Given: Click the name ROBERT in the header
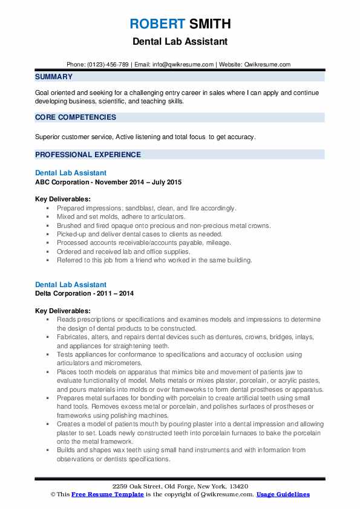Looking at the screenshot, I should (157, 24).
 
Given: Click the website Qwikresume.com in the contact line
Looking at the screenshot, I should (269, 64).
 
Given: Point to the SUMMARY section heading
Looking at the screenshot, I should (54, 77).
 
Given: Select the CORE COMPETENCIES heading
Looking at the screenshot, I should (76, 117).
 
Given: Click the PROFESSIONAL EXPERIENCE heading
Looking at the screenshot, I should (88, 154).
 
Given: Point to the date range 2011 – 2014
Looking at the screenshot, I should (116, 293).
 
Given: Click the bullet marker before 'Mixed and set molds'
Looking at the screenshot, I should (47, 216).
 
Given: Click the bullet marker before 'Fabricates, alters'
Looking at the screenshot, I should (47, 336).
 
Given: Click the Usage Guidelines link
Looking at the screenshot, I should (283, 494).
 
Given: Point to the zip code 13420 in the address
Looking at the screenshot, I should (238, 487).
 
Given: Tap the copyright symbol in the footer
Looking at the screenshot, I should (53, 494).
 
